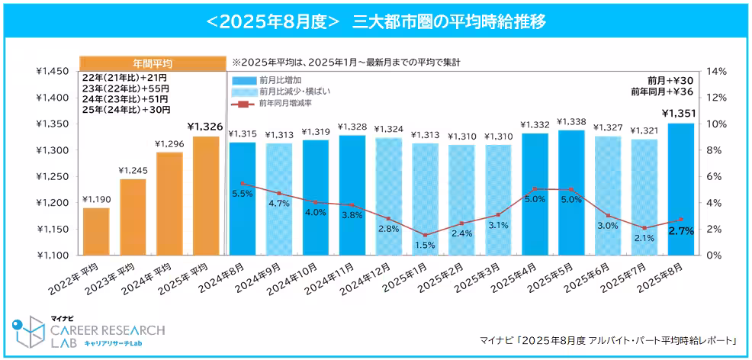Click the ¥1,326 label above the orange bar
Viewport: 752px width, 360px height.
(204, 126)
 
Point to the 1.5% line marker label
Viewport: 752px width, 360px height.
(426, 246)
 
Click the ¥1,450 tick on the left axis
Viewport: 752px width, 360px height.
(53, 71)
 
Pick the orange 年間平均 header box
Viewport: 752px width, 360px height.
(152, 63)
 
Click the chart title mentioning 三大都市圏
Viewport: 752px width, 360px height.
(376, 21)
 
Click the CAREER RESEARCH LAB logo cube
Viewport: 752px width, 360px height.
(30, 333)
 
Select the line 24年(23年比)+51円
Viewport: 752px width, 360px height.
(127, 99)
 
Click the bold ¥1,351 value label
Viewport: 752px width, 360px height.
(680, 114)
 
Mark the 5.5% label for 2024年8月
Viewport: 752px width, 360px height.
(242, 194)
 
